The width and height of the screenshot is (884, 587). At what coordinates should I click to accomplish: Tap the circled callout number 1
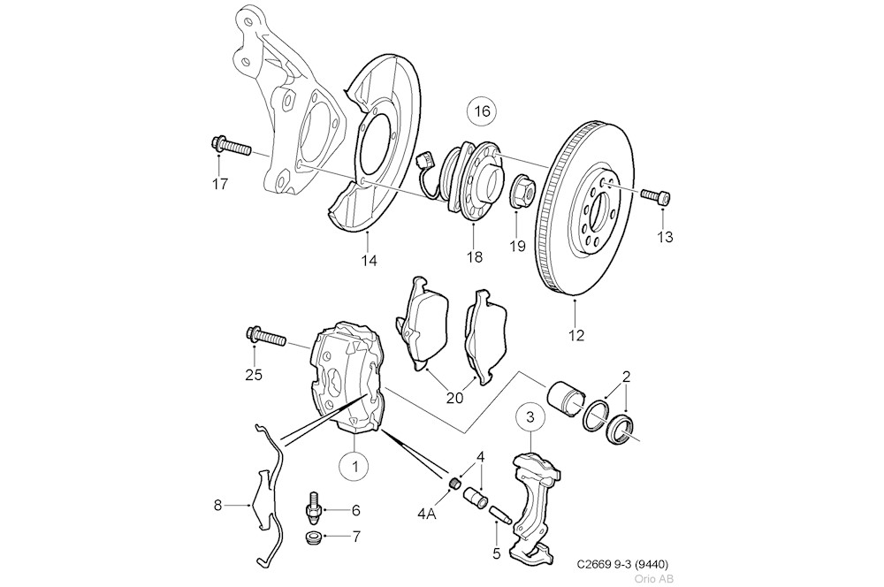click(354, 463)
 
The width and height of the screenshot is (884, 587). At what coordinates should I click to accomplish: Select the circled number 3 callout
click(530, 415)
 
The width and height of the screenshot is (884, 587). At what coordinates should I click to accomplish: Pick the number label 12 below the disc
click(576, 335)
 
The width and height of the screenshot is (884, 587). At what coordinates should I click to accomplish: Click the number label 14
click(369, 260)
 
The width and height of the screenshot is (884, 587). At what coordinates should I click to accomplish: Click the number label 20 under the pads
click(453, 398)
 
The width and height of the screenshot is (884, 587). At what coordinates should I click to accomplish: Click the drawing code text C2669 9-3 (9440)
click(622, 564)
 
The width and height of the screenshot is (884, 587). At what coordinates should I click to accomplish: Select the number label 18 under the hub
click(475, 257)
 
